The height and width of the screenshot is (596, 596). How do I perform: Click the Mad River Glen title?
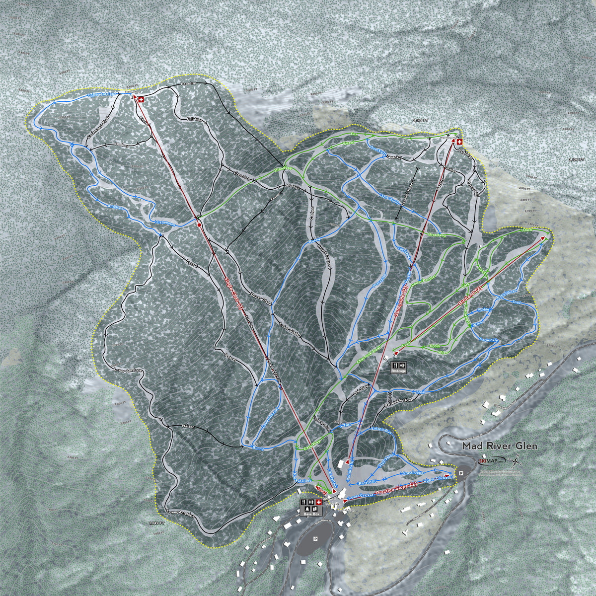click(x=500, y=446)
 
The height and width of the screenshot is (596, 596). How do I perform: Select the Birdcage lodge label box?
click(x=399, y=367)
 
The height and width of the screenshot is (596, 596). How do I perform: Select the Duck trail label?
click(x=527, y=230)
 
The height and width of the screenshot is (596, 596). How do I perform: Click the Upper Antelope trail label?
click(x=102, y=94)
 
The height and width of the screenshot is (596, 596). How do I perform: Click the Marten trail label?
click(x=188, y=427)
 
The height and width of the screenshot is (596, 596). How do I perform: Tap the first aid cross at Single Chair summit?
click(x=140, y=100)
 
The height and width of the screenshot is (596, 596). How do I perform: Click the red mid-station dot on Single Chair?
click(x=199, y=224)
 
